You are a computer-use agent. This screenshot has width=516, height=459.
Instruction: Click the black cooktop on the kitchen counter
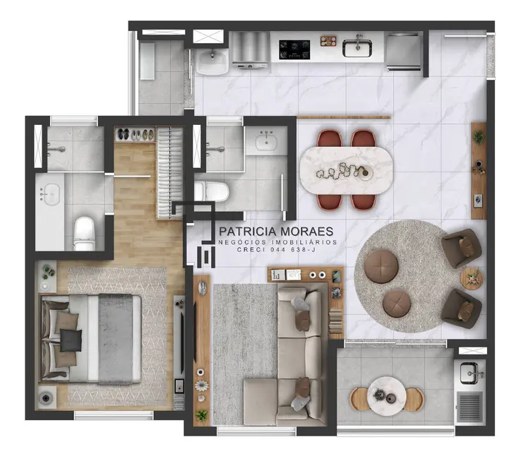(295, 48)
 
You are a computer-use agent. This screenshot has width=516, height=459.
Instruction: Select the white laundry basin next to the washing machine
(212, 61)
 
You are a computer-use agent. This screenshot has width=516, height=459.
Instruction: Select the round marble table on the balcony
(386, 393)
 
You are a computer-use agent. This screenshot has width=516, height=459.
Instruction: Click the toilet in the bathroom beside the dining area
(211, 191)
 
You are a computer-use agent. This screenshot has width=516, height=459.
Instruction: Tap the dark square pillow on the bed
(71, 340)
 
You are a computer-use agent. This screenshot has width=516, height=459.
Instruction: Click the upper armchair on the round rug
(461, 248)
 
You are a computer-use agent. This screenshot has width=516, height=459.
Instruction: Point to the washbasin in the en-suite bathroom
(50, 193)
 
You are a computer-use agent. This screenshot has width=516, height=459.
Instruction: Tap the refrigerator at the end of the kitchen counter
(404, 50)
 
